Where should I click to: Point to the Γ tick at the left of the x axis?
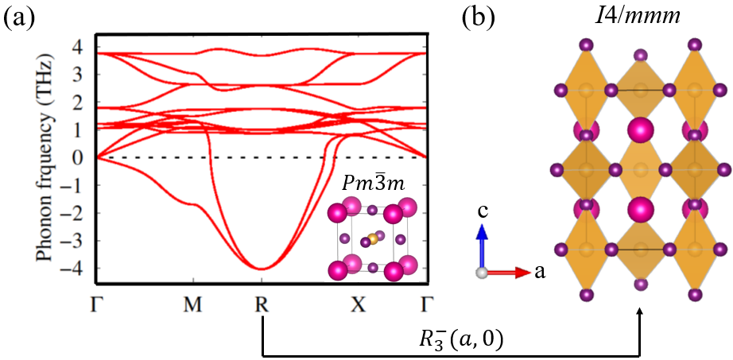(97, 304)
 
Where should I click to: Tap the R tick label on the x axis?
(261, 304)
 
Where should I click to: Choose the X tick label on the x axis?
(359, 304)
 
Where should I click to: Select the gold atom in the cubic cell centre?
(372, 238)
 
